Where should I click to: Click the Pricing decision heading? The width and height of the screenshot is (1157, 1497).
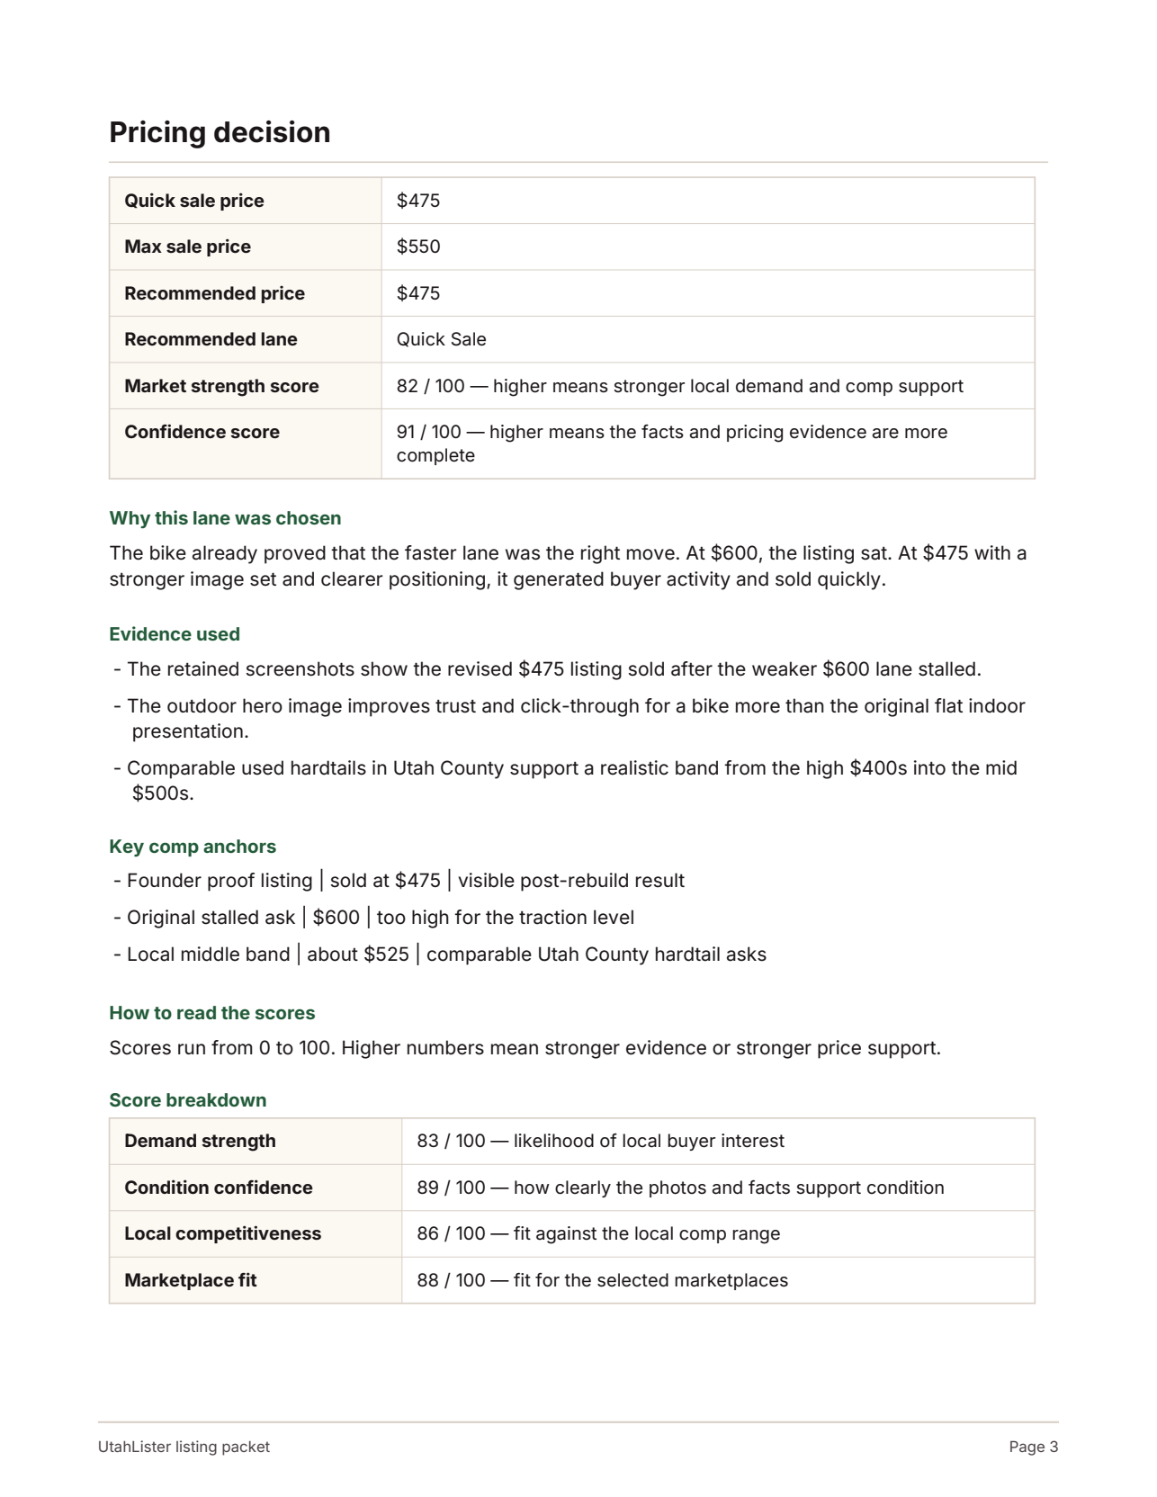pyautogui.click(x=220, y=132)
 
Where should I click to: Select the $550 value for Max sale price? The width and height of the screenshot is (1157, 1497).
pyautogui.click(x=418, y=247)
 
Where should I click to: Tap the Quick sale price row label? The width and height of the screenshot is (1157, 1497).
pyautogui.click(x=193, y=201)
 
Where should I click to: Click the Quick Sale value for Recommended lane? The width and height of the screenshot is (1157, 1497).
pyautogui.click(x=441, y=339)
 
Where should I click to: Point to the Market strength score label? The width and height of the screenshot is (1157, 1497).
pyautogui.click(x=221, y=386)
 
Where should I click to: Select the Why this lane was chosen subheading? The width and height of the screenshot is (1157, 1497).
pyautogui.click(x=225, y=518)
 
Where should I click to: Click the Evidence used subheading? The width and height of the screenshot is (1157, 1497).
pyautogui.click(x=175, y=634)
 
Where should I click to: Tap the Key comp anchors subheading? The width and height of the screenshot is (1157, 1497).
pyautogui.click(x=193, y=847)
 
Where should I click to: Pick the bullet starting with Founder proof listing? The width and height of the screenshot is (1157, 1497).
pyautogui.click(x=399, y=881)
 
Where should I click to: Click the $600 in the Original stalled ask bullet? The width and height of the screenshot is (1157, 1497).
pyautogui.click(x=336, y=918)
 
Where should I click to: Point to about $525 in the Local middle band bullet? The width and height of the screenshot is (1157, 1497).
pyautogui.click(x=357, y=955)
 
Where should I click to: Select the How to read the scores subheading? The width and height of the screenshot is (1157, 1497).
pyautogui.click(x=211, y=1013)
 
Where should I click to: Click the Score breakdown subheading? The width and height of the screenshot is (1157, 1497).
pyautogui.click(x=187, y=1100)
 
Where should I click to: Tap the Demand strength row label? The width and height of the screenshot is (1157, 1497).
pyautogui.click(x=200, y=1141)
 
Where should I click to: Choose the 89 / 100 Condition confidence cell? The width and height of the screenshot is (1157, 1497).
pyautogui.click(x=679, y=1188)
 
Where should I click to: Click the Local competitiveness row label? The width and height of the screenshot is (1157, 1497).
pyautogui.click(x=222, y=1233)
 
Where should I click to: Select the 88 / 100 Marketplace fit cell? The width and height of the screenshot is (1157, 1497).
pyautogui.click(x=601, y=1280)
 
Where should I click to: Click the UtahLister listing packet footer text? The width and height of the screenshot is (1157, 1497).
pyautogui.click(x=184, y=1447)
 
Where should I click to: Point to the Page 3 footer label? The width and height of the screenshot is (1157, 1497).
pyautogui.click(x=1033, y=1447)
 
